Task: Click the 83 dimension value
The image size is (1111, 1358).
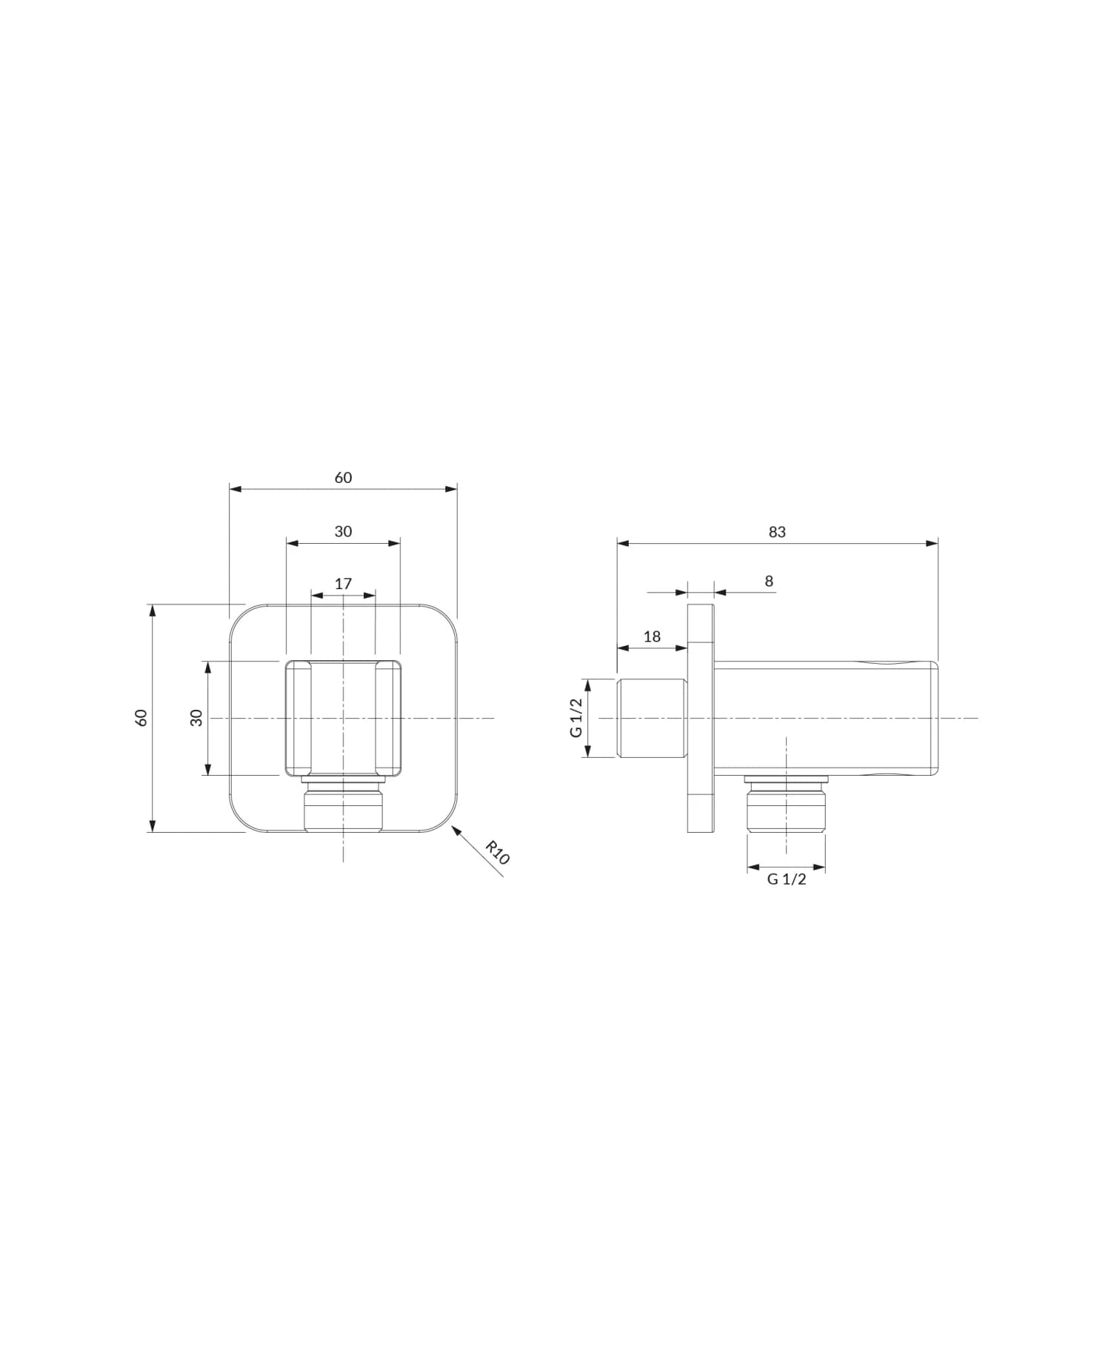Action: coord(777,532)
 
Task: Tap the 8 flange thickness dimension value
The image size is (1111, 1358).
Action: coord(769,581)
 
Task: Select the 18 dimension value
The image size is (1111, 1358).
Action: coord(652,636)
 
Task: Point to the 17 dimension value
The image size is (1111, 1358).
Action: coord(343,584)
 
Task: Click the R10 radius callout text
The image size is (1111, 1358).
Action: coord(498,853)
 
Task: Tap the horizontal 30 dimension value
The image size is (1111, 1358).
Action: coord(343,531)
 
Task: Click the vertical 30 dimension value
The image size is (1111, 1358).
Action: coord(196,717)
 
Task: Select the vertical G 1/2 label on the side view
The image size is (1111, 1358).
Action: coord(576,717)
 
